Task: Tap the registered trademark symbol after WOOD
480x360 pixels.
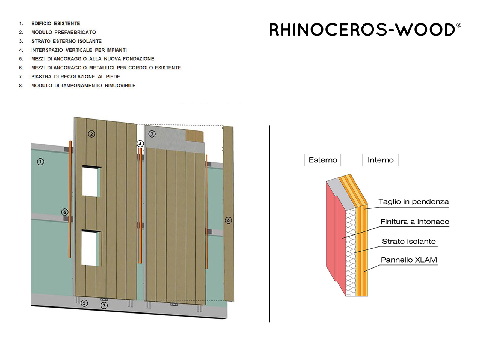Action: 459,25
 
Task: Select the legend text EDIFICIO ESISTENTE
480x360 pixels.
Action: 55,23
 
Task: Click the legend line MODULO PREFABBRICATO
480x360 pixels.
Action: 63,32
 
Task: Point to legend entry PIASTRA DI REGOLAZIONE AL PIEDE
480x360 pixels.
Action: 75,77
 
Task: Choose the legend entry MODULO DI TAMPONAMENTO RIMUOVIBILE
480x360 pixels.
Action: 83,85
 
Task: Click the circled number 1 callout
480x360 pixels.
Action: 40,162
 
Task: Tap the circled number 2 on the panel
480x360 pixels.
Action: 91,134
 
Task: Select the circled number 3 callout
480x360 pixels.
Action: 152,134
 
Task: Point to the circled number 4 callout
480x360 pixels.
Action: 140,144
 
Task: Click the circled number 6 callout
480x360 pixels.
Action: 65,212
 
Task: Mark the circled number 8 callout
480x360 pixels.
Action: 228,220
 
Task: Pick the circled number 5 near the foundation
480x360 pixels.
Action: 84,303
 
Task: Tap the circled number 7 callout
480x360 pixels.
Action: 104,305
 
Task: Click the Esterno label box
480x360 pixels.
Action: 323,160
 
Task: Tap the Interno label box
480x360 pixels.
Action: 381,160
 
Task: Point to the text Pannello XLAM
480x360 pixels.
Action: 409,259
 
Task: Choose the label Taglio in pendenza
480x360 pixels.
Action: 414,201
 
